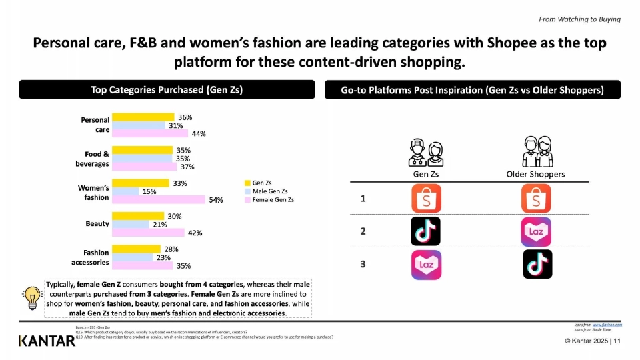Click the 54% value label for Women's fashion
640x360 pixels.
pyautogui.click(x=215, y=200)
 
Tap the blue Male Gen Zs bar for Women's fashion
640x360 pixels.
pyautogui.click(x=125, y=191)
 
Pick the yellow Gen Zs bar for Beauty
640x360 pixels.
pyautogui.click(x=137, y=216)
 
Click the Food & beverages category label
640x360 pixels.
pyautogui.click(x=93, y=159)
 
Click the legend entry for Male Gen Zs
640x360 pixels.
pyautogui.click(x=269, y=191)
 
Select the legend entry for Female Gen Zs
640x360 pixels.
pyautogui.click(x=271, y=199)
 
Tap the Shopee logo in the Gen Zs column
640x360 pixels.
pyautogui.click(x=425, y=199)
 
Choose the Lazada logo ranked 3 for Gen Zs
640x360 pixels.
pyautogui.click(x=425, y=265)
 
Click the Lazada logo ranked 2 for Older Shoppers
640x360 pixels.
pyautogui.click(x=537, y=231)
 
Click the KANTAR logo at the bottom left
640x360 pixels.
pyautogui.click(x=47, y=341)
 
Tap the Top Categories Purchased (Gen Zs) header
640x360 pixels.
pyautogui.click(x=166, y=90)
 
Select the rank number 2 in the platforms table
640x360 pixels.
pyautogui.click(x=363, y=231)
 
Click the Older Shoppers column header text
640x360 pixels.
pyautogui.click(x=536, y=175)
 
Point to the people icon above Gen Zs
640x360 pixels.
pyautogui.click(x=425, y=152)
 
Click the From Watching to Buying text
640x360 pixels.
pyautogui.click(x=579, y=19)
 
